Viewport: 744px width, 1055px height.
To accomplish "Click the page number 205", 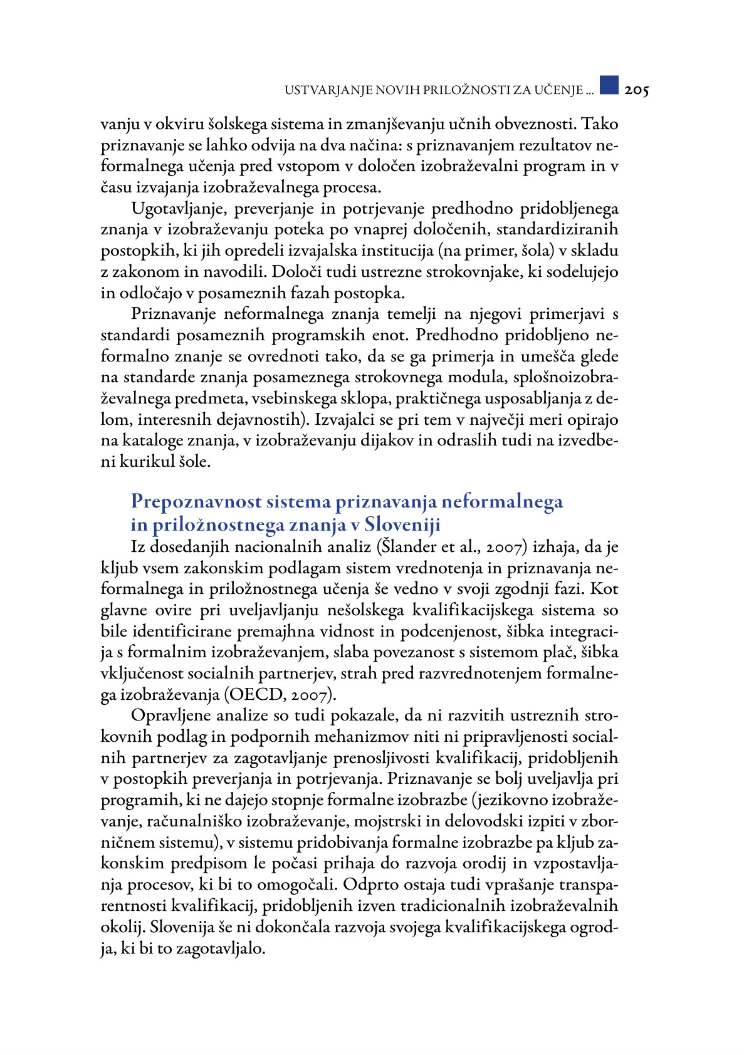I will [x=636, y=90].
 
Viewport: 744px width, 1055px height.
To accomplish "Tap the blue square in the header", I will [x=609, y=85].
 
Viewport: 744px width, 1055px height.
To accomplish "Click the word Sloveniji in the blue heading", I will [x=402, y=524].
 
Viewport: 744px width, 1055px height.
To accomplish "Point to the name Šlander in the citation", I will [x=409, y=547].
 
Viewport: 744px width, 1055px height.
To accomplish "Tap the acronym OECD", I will [x=250, y=695].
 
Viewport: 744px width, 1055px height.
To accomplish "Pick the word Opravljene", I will [x=170, y=715].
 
